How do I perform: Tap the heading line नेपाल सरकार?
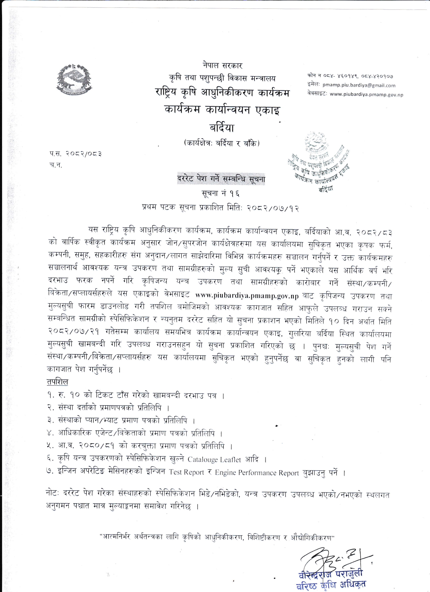[x=222, y=65]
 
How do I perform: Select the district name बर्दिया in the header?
[x=221, y=128]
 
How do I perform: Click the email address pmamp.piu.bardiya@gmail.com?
[x=359, y=85]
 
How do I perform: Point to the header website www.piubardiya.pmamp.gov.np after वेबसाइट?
[x=366, y=94]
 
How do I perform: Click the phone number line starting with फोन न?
[x=350, y=77]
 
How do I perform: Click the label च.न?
[x=56, y=165]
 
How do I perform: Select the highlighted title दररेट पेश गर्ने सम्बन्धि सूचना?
[x=221, y=179]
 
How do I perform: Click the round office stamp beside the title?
[x=318, y=162]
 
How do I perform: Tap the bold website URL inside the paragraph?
[x=247, y=296]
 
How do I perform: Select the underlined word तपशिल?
[x=57, y=382]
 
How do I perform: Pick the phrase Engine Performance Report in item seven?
[x=257, y=473]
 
